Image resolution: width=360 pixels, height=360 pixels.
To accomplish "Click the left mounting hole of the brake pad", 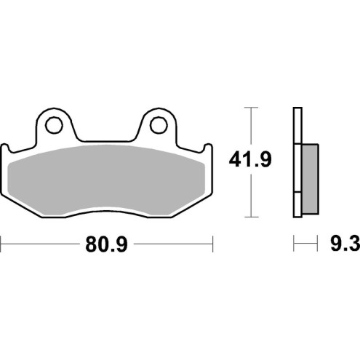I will (x=53, y=126).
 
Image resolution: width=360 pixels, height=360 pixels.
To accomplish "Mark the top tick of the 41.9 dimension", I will (x=251, y=108).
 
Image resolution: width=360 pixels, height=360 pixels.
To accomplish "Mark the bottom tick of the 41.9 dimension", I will (x=251, y=217).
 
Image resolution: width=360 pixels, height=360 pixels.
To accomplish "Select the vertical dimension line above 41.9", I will (x=251, y=127).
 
